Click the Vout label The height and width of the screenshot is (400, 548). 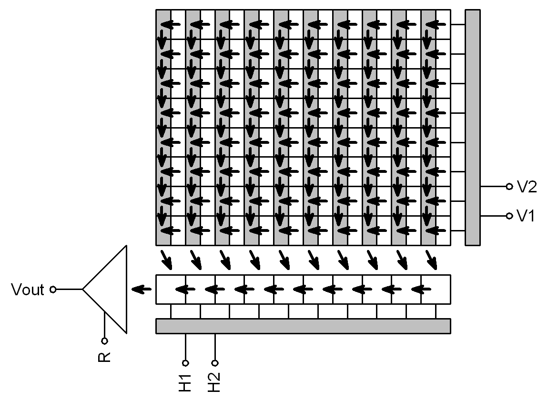[x=28, y=290]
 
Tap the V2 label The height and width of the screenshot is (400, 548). [x=527, y=187]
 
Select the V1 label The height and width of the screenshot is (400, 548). [x=526, y=216]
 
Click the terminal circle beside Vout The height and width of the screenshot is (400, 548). [x=53, y=289]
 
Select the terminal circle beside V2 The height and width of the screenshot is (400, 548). [x=509, y=187]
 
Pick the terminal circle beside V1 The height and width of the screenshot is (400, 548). [x=509, y=216]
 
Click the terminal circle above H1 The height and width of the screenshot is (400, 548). [x=185, y=362]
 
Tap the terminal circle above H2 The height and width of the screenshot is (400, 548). [x=215, y=362]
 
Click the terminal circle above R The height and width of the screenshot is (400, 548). [x=104, y=340]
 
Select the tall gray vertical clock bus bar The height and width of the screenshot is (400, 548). [x=472, y=127]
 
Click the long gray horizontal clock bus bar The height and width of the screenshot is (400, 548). [x=303, y=326]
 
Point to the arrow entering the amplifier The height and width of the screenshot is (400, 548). [x=139, y=289]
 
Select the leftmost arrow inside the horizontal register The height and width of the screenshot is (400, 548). [x=184, y=289]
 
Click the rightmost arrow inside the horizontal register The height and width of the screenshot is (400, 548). [x=419, y=289]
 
